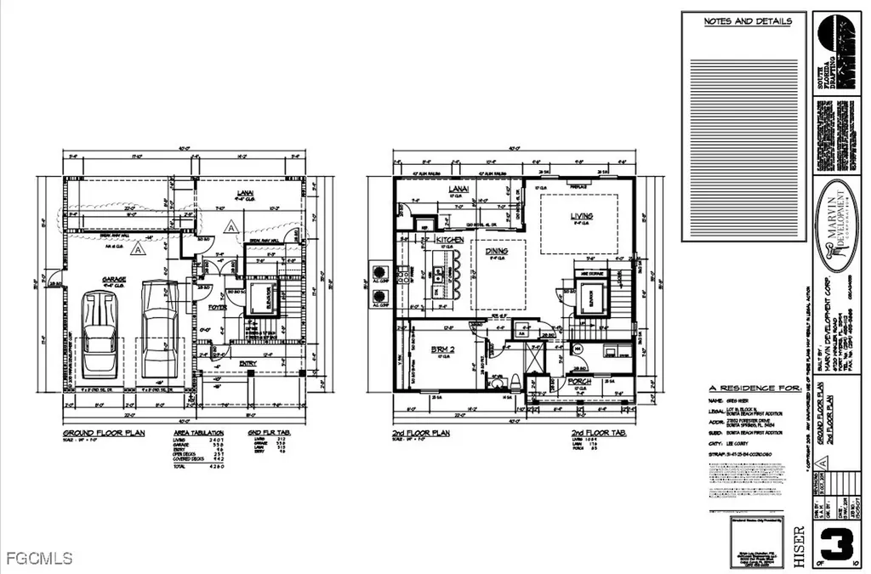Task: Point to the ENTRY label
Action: [248, 363]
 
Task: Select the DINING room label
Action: [498, 252]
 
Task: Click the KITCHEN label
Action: [449, 241]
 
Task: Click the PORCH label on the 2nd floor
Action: [581, 380]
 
